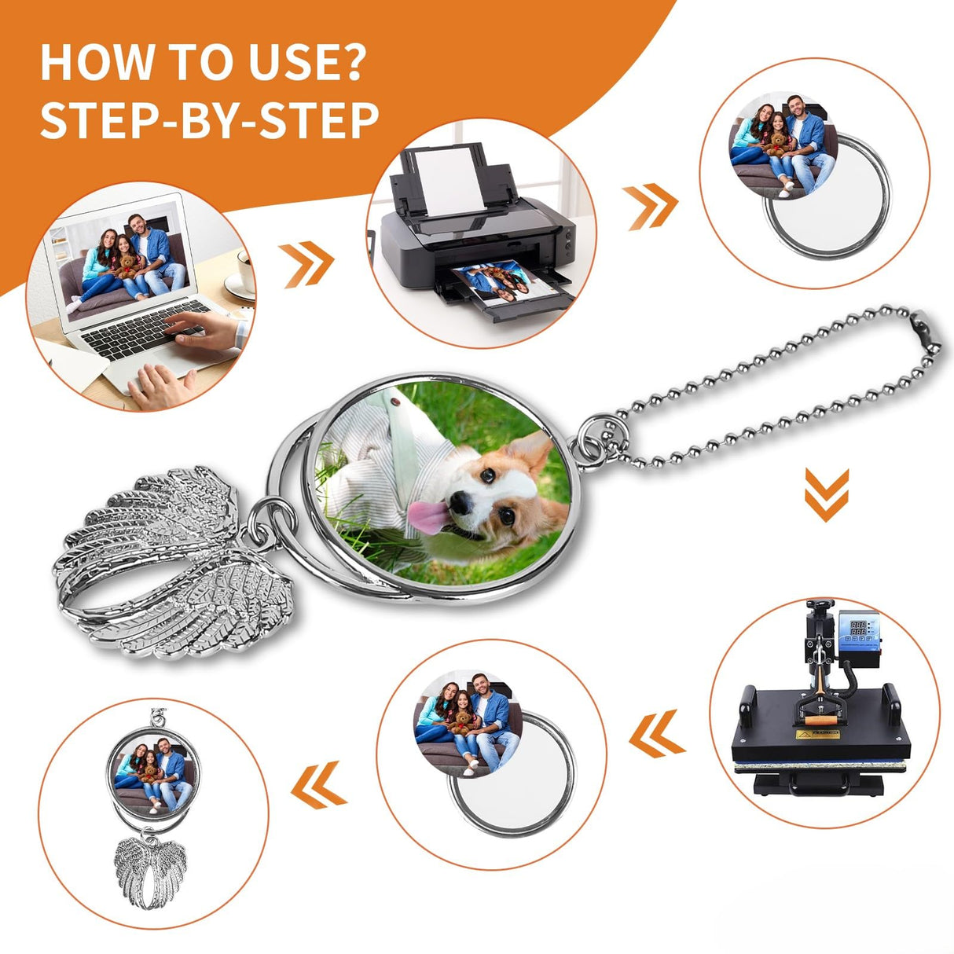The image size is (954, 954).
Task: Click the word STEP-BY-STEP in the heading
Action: (209, 120)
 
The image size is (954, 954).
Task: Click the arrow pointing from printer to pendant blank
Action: (650, 207)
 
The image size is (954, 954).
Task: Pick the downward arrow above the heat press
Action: (827, 494)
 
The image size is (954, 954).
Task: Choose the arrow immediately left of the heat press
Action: (657, 734)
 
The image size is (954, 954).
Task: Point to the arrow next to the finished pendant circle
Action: (319, 785)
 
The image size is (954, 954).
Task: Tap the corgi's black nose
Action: (460, 502)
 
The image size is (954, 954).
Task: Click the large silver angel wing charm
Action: (173, 564)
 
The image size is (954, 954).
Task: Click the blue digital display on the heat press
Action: (857, 628)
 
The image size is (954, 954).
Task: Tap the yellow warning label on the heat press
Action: (817, 734)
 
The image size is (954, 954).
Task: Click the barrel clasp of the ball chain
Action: (925, 331)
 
